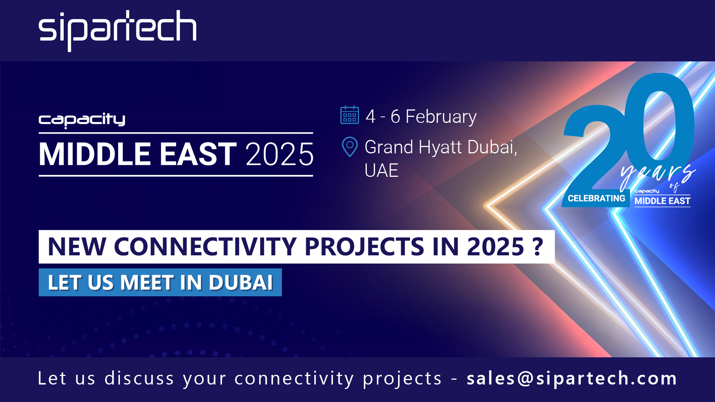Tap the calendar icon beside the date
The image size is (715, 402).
point(349,115)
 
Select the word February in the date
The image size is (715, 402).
point(441,117)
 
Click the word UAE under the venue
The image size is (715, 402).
point(381,171)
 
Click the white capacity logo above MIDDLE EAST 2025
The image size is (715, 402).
point(82,120)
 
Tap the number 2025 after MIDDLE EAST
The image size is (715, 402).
point(280,154)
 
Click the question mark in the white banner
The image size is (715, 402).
point(538,246)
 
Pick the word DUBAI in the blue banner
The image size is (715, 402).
point(241,283)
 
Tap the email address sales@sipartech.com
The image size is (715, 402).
point(572,379)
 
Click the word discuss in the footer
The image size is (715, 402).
point(139,379)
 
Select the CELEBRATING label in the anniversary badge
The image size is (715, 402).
point(596,198)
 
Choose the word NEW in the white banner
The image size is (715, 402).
point(77,247)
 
